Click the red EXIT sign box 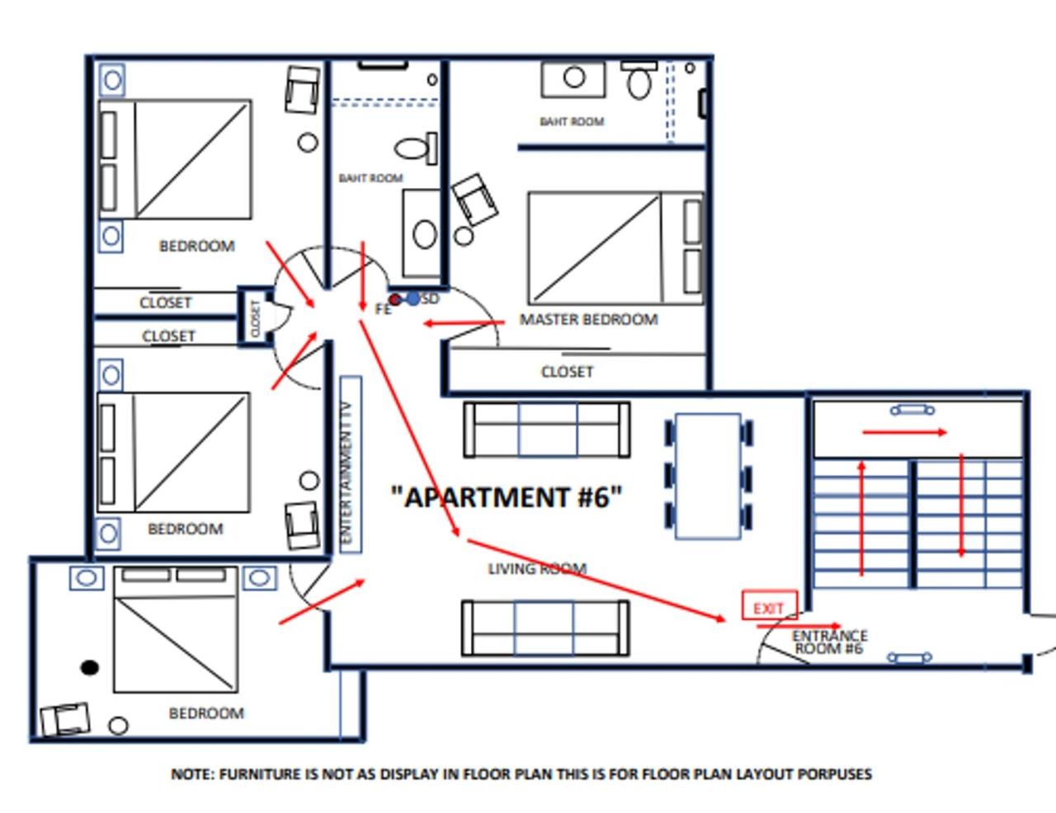(770, 604)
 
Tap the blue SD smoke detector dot (413, 298)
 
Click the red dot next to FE (395, 299)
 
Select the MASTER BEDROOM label (588, 320)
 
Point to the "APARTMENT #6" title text (507, 497)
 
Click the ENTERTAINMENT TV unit (351, 464)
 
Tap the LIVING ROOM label (537, 569)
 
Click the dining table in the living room (709, 477)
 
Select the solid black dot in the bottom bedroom (89, 668)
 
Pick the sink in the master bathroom (574, 79)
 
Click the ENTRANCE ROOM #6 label (830, 642)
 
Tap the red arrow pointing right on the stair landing (904, 432)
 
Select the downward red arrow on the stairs (961, 505)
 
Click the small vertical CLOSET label (255, 318)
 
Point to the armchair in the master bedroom (474, 200)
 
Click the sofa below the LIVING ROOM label (545, 628)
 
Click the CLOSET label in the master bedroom (567, 372)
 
